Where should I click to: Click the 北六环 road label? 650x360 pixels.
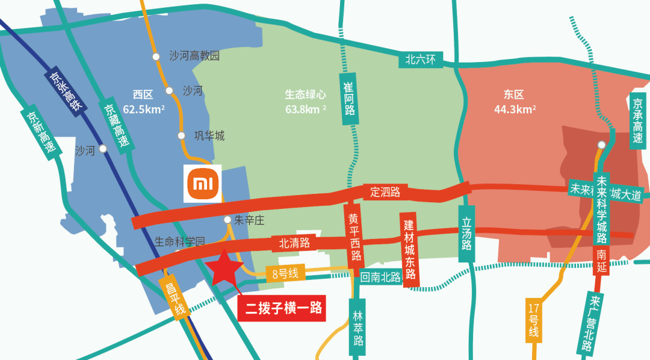point(424,59)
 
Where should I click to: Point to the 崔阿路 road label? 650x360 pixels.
point(350,99)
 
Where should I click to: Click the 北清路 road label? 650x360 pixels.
point(294,243)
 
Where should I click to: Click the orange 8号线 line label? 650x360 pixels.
point(286,274)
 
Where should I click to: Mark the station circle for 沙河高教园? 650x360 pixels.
point(156,57)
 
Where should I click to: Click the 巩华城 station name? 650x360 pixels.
point(209,136)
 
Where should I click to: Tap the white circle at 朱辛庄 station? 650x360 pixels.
point(227,220)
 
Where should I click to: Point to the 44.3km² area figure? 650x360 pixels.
point(515,110)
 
